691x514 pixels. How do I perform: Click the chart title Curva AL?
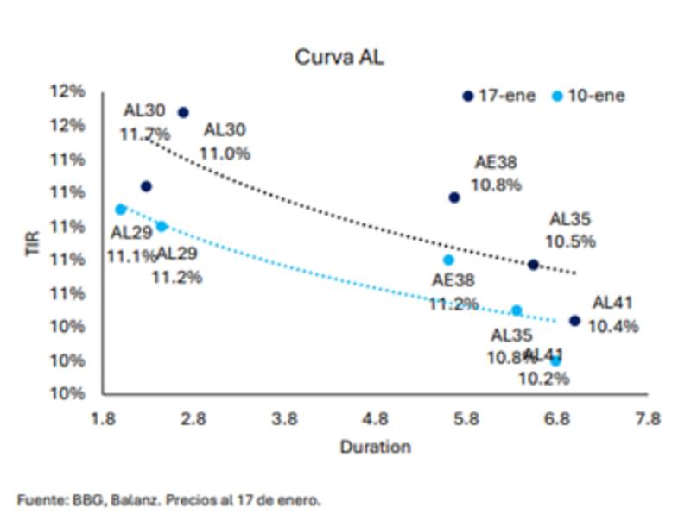[339, 58]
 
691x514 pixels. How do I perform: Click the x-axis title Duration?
[375, 447]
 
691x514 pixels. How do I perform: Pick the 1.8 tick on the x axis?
[104, 420]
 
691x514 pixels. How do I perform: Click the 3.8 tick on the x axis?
[284, 420]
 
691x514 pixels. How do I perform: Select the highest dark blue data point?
[183, 112]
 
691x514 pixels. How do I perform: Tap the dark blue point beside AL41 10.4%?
[574, 321]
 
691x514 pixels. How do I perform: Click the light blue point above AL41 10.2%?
[555, 360]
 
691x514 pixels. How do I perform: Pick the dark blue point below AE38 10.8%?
[454, 197]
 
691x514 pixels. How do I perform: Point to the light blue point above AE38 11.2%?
[448, 260]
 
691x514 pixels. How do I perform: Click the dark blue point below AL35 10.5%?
[533, 265]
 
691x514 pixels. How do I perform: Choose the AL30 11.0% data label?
[225, 141]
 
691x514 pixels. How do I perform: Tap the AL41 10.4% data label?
[612, 314]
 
